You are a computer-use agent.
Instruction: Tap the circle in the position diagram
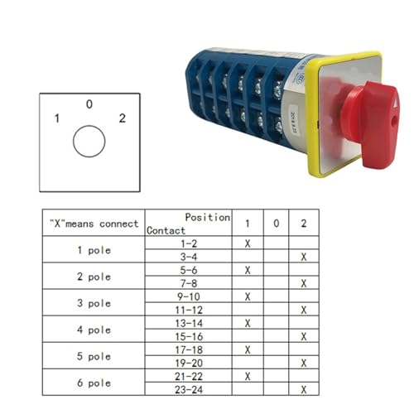tap(89, 142)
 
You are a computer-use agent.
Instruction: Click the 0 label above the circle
tap(89, 104)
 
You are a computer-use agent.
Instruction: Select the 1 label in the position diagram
tap(57, 118)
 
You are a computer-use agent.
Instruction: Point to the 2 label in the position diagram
tap(123, 118)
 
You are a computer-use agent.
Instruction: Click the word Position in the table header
tap(208, 217)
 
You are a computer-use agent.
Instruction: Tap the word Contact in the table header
tap(166, 230)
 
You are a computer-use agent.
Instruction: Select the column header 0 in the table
tap(277, 223)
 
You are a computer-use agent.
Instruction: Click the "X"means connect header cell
tap(94, 224)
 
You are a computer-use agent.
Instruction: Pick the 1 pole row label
tap(94, 250)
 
